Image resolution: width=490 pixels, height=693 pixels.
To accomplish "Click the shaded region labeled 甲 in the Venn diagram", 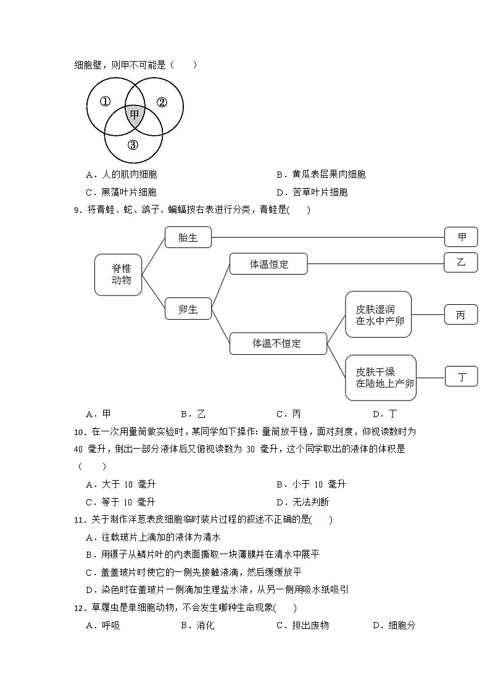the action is (135, 115).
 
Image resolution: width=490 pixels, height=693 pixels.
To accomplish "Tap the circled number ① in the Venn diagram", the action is (105, 102).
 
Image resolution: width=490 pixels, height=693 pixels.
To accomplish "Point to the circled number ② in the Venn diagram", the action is (162, 102).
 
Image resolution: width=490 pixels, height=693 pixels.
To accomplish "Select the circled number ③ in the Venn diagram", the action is (133, 146).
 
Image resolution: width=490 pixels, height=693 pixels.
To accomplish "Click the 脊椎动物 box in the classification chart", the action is (118, 275).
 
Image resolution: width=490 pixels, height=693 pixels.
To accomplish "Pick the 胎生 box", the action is (188, 238).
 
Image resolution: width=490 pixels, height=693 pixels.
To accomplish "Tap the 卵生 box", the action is (188, 309).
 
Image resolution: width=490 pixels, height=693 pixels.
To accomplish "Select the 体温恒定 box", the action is (268, 264).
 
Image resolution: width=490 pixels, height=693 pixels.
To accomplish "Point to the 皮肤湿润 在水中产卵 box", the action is (378, 315).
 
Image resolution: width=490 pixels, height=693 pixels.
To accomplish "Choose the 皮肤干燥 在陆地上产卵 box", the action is (381, 378).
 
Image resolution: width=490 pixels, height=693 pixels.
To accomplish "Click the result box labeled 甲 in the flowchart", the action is (462, 237).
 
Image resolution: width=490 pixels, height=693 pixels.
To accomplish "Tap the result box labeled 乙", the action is (461, 262).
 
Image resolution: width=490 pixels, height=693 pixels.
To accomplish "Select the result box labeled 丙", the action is (461, 315).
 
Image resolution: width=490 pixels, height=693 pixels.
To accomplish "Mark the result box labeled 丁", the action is (462, 376).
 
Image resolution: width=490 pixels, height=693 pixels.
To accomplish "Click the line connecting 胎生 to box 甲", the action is (327, 237).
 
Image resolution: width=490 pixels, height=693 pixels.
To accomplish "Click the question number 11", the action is (78, 520).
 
